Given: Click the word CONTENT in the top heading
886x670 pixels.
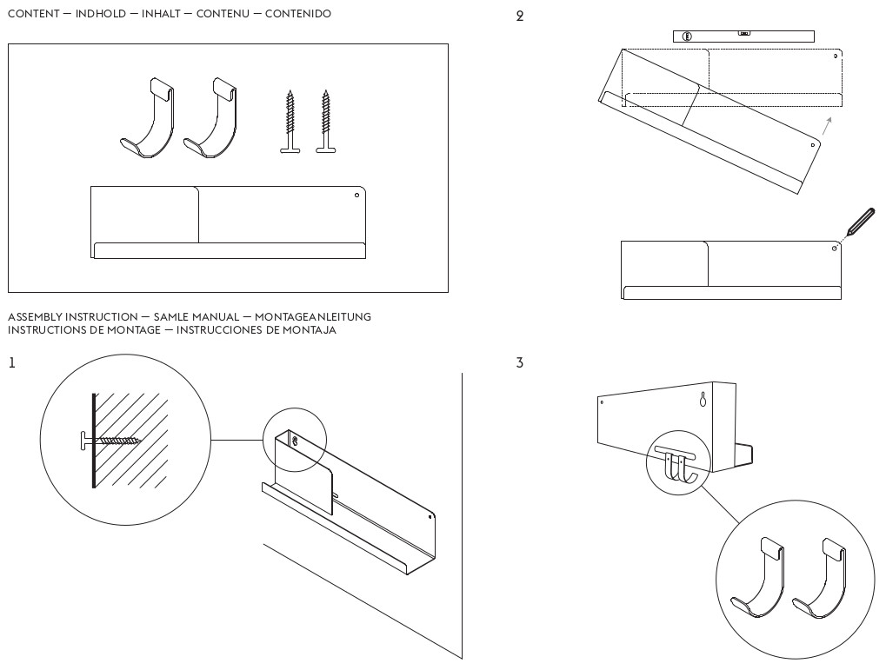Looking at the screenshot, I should (x=34, y=15).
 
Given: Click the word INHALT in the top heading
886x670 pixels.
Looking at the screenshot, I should (x=164, y=15).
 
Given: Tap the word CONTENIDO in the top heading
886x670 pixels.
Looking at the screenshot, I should (x=297, y=15).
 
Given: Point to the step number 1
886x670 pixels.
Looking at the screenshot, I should (x=11, y=362).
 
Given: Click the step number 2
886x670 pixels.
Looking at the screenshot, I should (x=520, y=17).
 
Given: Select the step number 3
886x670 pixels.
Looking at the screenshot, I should (x=520, y=362).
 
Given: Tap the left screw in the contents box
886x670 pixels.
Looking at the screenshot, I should (x=290, y=121).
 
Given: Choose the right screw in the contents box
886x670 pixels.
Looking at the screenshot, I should (x=326, y=121).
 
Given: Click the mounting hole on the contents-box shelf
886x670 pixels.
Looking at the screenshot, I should (x=356, y=196).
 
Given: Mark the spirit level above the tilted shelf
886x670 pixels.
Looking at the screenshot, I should (x=743, y=36).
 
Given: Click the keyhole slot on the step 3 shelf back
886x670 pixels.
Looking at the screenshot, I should (x=703, y=400).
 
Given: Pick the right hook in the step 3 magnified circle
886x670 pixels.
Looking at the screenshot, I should (x=821, y=578).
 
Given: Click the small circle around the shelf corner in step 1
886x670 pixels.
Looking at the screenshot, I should (x=295, y=438).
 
